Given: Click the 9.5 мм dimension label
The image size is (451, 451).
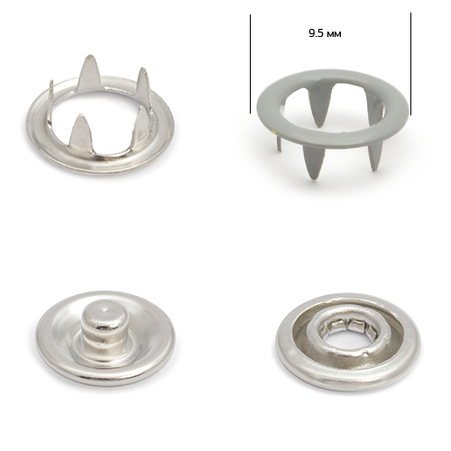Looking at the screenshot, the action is (325, 33).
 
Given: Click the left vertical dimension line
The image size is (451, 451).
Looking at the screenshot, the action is (250, 64).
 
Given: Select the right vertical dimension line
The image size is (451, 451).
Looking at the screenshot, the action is (410, 64).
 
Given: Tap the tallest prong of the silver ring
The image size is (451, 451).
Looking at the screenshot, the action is (88, 74).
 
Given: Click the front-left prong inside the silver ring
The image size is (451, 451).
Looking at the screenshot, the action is (79, 133).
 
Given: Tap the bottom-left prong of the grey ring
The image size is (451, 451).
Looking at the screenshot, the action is (314, 162).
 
